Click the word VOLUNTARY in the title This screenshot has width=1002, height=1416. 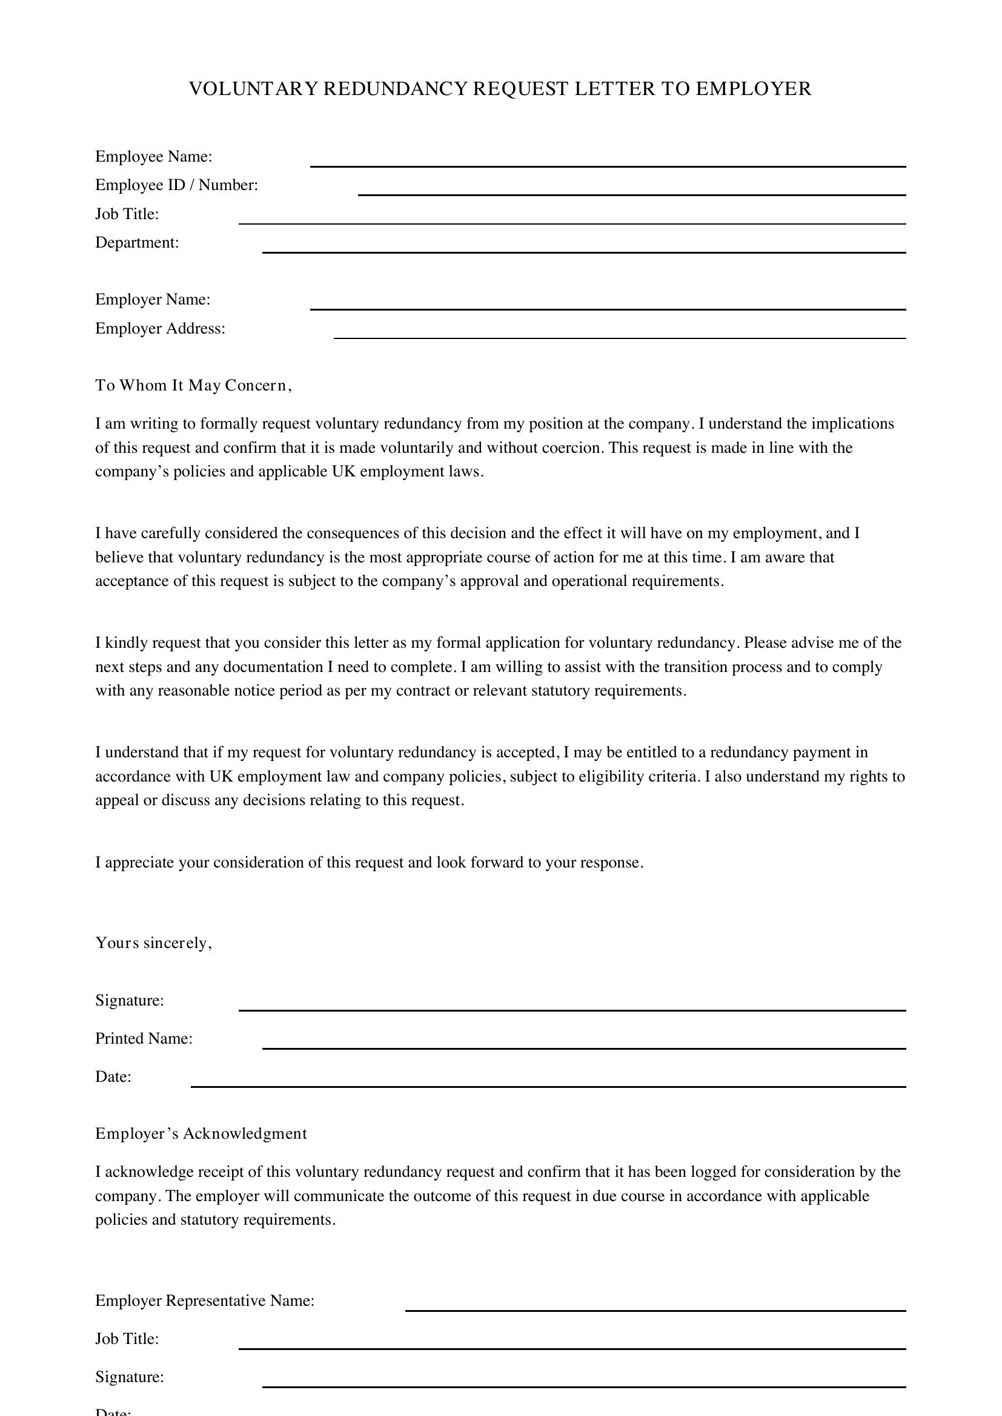(x=254, y=89)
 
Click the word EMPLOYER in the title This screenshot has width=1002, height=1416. (x=754, y=89)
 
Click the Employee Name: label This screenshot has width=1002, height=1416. (x=154, y=157)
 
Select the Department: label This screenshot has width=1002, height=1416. (x=137, y=242)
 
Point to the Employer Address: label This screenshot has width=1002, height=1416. (x=161, y=329)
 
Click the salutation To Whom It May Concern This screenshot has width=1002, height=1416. (x=193, y=386)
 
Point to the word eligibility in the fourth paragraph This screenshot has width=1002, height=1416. (x=611, y=777)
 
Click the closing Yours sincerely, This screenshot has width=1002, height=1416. (x=154, y=943)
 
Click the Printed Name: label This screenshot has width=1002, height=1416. (x=144, y=1039)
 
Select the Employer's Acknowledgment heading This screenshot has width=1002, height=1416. (x=201, y=1133)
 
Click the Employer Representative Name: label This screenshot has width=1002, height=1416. (x=205, y=1300)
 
